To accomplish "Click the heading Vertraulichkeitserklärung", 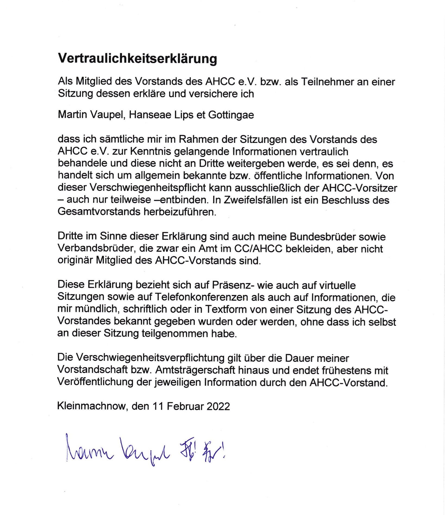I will [137, 58].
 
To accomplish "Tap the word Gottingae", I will [231, 115].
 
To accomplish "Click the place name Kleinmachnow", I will [92, 406].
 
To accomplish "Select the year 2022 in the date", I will [218, 406].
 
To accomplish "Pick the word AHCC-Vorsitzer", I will [359, 188].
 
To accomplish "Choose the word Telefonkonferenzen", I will [202, 297].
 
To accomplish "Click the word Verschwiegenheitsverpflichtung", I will [141, 358].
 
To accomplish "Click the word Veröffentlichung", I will [95, 382].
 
